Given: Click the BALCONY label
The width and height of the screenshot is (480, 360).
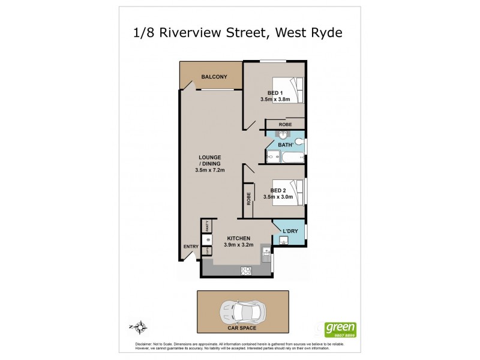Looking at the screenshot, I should click(214, 77).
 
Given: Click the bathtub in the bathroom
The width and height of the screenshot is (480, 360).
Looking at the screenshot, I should click(292, 158).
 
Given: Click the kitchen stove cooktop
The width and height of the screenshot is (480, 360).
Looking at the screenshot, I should click(245, 271).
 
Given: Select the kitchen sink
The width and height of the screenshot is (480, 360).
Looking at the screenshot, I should click(265, 257).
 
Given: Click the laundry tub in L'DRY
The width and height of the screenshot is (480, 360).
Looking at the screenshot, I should click(283, 241).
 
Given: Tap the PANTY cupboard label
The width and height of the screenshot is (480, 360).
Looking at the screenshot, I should click(207, 226).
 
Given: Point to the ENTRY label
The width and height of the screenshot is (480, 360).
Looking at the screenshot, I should click(191, 247).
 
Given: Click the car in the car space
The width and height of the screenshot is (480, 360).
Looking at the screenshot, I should click(242, 311).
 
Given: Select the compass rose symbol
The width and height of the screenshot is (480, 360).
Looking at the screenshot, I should click(140, 327).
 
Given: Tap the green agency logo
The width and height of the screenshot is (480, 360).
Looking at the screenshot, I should click(340, 329).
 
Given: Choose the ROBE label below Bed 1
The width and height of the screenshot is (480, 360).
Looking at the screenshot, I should click(285, 124).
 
